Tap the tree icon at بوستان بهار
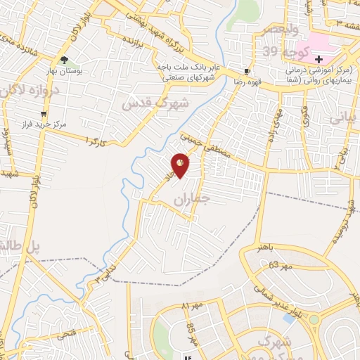[x=65, y=60]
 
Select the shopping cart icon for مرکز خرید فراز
[x=44, y=113]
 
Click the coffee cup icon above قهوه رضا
[x=247, y=72]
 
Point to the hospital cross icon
[x=319, y=59]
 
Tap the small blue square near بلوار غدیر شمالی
[x=288, y=318]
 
